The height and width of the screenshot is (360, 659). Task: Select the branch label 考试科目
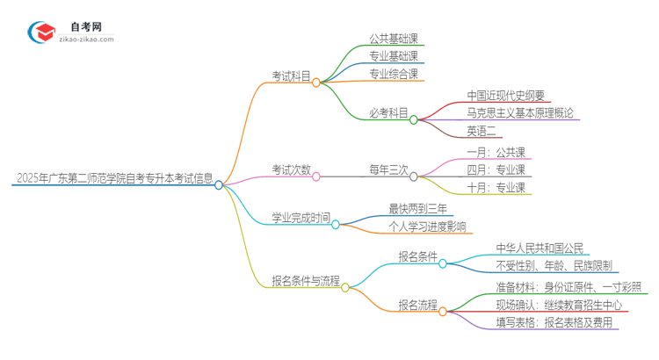pos(291,76)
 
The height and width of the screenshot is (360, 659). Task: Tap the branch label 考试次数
pos(291,169)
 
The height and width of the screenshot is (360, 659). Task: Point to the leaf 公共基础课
pos(394,39)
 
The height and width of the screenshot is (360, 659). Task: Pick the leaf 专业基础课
pos(394,56)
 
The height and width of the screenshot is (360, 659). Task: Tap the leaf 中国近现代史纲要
pos(507,96)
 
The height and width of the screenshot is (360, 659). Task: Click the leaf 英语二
pos(482,131)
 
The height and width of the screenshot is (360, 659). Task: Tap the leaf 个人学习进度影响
pos(428,227)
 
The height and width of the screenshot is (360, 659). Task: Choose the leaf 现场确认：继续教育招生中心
pos(558,305)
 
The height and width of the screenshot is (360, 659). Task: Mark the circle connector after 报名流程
pos(442,310)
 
